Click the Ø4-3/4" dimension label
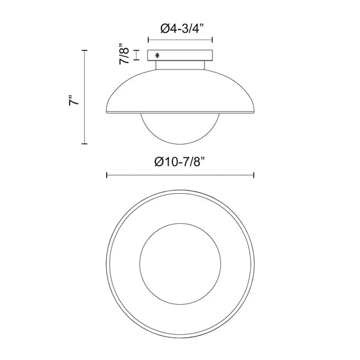181,28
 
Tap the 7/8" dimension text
124,55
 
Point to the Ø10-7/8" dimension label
181,161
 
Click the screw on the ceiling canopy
158,55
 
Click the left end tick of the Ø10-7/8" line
106,176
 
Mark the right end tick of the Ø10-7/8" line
255,176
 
